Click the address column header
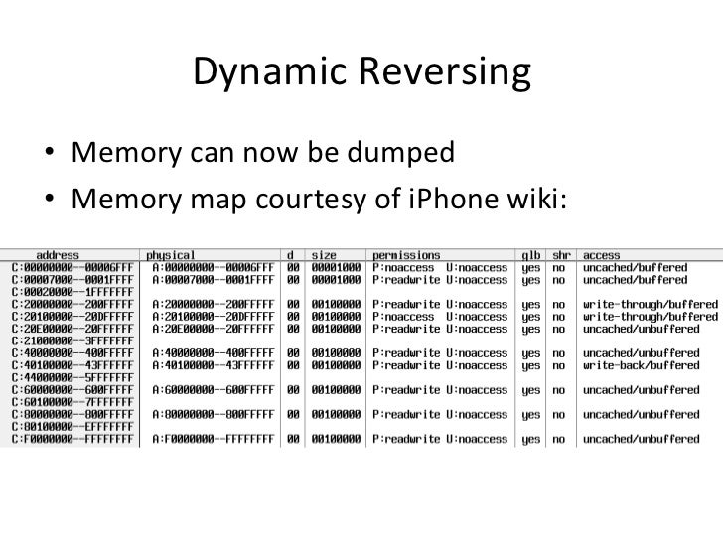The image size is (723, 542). click(x=58, y=254)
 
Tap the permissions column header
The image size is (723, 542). click(x=406, y=254)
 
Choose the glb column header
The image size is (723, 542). click(x=531, y=254)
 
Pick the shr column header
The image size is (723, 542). click(x=560, y=254)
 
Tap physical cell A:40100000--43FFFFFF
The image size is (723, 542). click(x=212, y=363)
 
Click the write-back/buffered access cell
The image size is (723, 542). click(x=642, y=363)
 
